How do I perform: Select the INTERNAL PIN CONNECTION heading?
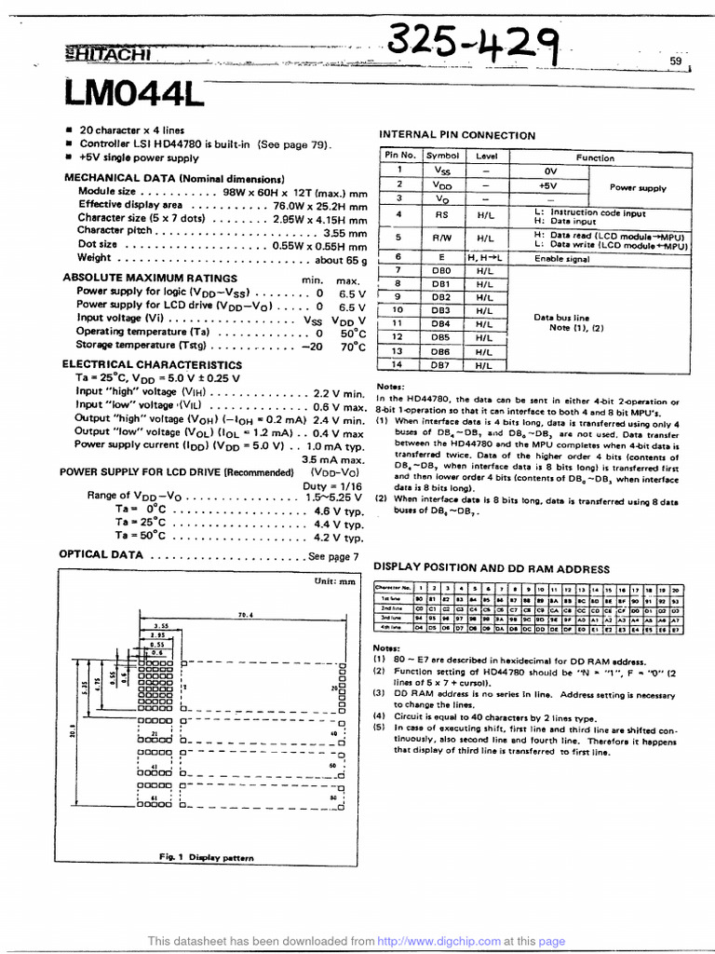(x=455, y=136)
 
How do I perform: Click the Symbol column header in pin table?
(x=441, y=157)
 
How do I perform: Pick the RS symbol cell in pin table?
(x=441, y=214)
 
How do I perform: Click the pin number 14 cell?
(x=398, y=366)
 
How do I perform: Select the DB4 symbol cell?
(x=441, y=323)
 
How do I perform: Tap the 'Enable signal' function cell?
(x=562, y=258)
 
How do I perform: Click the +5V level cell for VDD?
(x=547, y=184)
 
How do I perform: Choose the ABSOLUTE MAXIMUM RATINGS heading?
(x=148, y=278)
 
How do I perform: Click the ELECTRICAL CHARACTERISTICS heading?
(x=152, y=365)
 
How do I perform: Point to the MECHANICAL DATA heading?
(x=173, y=178)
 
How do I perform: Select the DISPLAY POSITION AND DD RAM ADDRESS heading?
(x=492, y=567)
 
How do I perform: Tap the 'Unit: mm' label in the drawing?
(x=335, y=581)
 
